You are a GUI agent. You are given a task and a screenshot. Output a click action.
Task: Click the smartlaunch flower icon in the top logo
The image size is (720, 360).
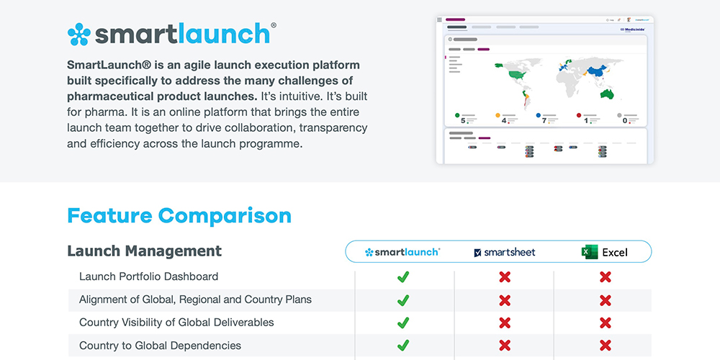(x=79, y=33)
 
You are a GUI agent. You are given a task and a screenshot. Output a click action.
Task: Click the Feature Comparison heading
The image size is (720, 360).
(x=179, y=215)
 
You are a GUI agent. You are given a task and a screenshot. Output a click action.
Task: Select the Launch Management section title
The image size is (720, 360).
(x=144, y=251)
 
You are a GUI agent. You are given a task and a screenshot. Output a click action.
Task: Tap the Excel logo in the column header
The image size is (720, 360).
(x=590, y=252)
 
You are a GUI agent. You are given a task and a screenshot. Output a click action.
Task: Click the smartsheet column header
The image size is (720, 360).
(x=504, y=252)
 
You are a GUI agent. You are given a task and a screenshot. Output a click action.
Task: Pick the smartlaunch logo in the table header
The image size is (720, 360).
(x=402, y=252)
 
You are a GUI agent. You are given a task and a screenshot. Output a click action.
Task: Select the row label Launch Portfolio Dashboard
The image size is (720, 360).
(x=148, y=276)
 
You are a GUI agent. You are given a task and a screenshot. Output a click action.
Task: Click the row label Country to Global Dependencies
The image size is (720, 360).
(x=160, y=346)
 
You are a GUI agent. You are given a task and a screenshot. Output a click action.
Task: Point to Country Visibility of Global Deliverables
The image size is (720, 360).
(x=176, y=323)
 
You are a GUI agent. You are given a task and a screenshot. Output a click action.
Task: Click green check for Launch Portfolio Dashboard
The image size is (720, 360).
(x=403, y=277)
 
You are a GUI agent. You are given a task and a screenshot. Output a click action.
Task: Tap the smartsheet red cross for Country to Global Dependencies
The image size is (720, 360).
(x=505, y=346)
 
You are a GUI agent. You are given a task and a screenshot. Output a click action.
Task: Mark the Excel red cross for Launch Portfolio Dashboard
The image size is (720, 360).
(x=606, y=277)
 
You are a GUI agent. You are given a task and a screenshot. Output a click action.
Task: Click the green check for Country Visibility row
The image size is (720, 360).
(x=403, y=323)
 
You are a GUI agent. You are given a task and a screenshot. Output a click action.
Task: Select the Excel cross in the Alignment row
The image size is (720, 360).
(x=606, y=300)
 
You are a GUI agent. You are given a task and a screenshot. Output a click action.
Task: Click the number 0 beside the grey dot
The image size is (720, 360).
(x=624, y=120)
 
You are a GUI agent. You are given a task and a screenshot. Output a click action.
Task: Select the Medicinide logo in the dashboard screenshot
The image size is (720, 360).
(x=631, y=30)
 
